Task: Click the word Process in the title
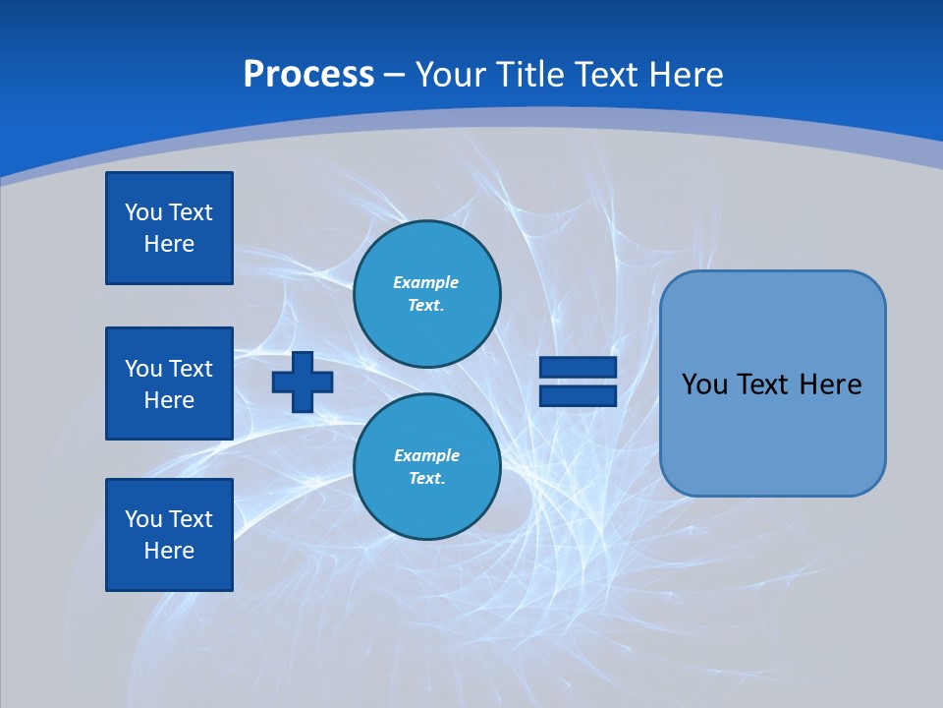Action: [x=308, y=75]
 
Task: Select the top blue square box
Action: [x=169, y=228]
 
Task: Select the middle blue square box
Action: [x=169, y=383]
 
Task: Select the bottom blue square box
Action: [x=169, y=535]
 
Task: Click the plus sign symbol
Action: [x=303, y=382]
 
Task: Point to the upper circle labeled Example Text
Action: [x=427, y=294]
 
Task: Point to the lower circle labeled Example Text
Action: [x=427, y=467]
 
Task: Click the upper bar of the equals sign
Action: [x=578, y=368]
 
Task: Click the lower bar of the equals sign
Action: [x=578, y=395]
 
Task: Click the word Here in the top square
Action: [x=169, y=244]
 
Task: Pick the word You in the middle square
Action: [x=143, y=369]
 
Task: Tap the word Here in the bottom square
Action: [x=169, y=551]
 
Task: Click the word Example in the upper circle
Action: [x=425, y=282]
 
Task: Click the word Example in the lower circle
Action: [x=426, y=455]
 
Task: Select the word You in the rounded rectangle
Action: [x=704, y=384]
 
